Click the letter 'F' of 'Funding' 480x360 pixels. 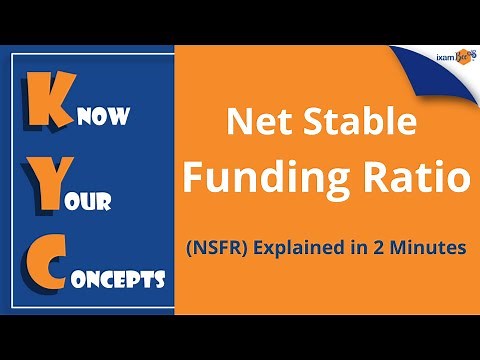(x=200, y=181)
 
